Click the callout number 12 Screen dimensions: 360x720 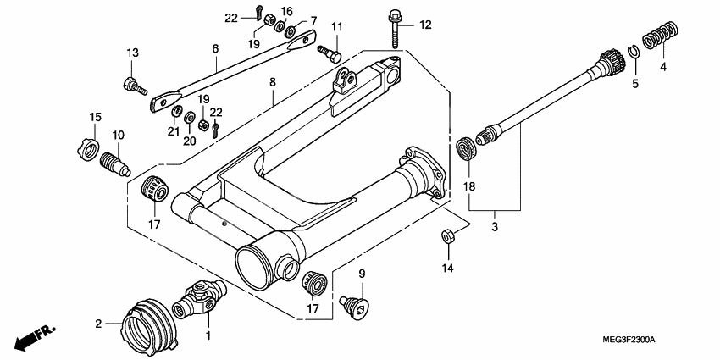coord(424,25)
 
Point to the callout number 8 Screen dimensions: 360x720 coord(272,82)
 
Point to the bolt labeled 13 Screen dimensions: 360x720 coord(134,85)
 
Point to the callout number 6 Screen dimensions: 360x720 coord(215,50)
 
